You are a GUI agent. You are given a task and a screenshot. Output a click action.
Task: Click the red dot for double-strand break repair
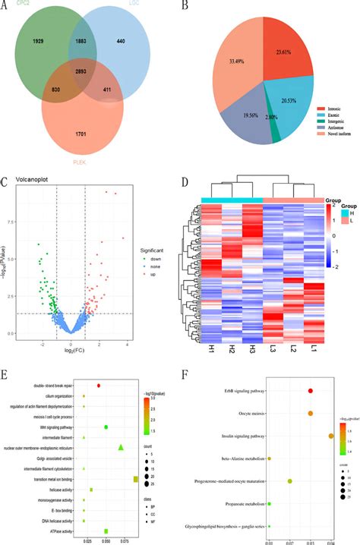click(99, 385)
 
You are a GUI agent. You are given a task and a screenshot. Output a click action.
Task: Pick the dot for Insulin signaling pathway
click(330, 436)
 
